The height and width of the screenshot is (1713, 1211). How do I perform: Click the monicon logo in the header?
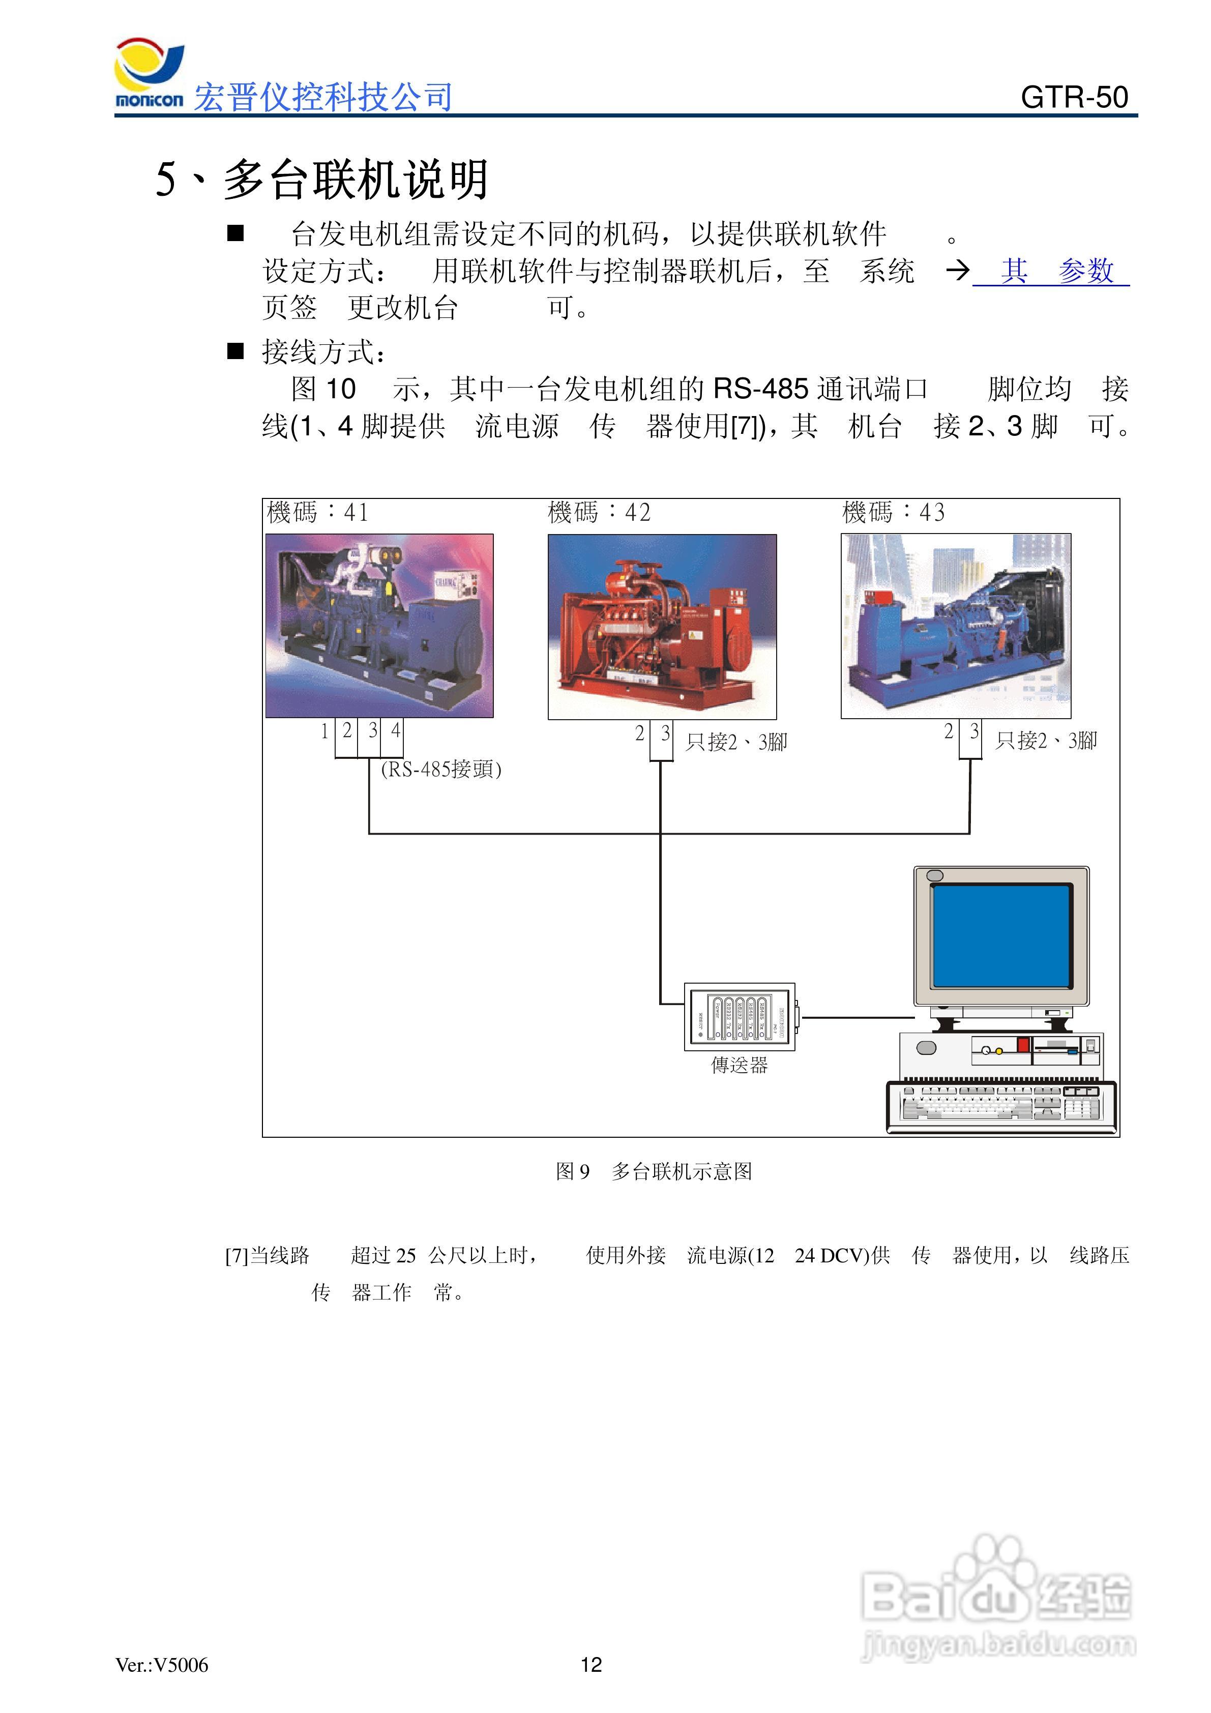coord(149,75)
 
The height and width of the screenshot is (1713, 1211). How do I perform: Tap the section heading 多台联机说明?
coord(356,180)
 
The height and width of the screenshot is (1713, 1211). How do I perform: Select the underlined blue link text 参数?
coord(1086,271)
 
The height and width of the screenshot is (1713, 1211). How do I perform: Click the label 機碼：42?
coord(599,513)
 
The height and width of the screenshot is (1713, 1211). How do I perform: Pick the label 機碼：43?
coord(893,513)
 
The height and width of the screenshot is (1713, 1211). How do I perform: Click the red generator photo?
coord(662,627)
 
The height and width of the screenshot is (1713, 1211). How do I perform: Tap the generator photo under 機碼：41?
coord(379,625)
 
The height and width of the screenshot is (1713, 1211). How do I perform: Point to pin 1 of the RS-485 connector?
coord(324,731)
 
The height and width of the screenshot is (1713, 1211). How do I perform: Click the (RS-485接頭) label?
coord(441,769)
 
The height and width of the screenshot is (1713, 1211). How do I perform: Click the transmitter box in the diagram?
coord(740,1017)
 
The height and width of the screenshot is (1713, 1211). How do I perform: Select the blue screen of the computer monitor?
coord(1001,936)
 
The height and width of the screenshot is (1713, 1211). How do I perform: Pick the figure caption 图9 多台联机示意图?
coord(654,1171)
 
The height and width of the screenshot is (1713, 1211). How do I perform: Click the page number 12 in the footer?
coord(591,1665)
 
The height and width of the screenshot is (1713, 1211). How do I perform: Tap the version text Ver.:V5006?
coord(162,1665)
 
